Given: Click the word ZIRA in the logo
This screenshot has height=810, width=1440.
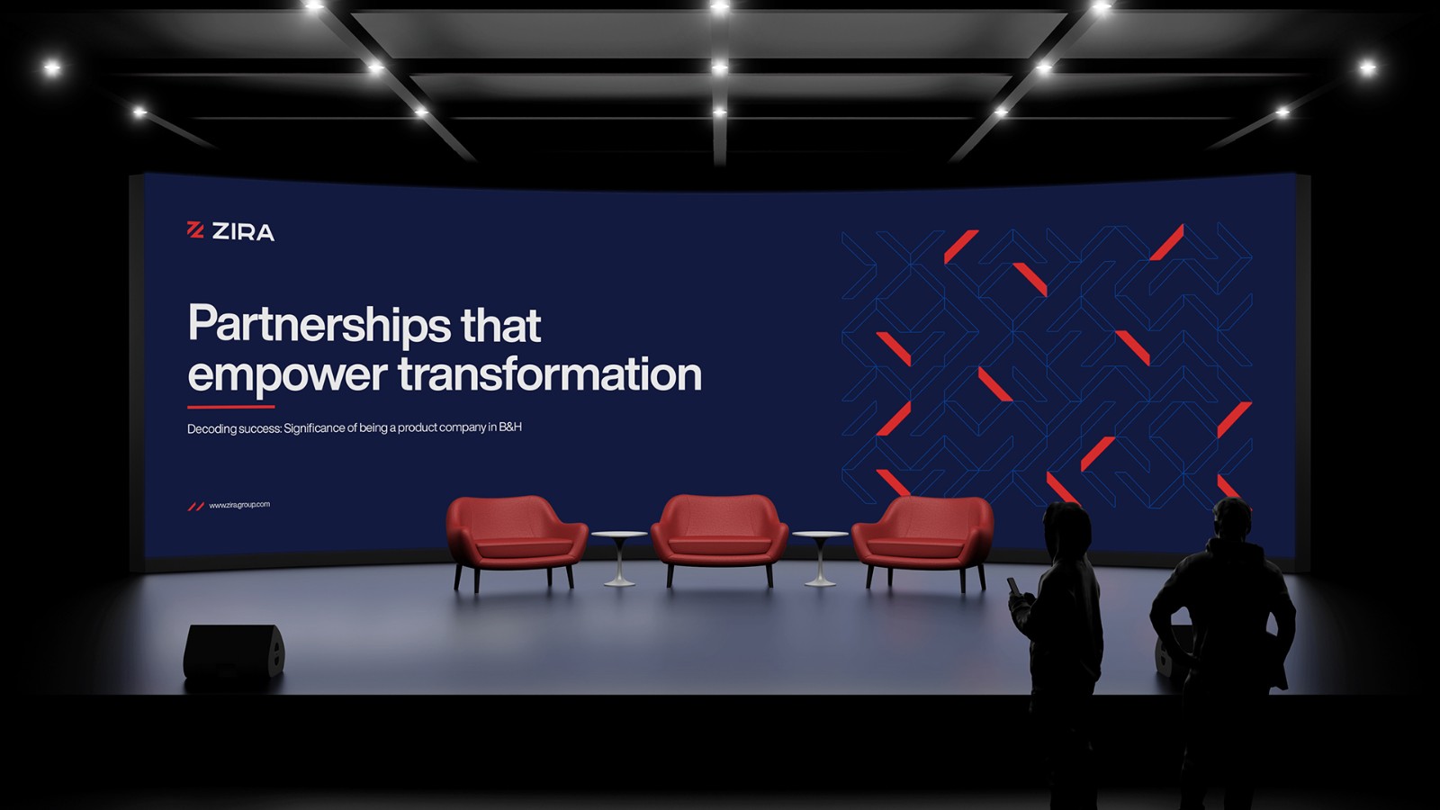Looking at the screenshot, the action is tap(243, 231).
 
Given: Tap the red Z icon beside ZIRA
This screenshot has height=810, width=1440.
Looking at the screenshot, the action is tap(194, 229).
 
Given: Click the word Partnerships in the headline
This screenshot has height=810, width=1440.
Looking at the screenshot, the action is tap(319, 325).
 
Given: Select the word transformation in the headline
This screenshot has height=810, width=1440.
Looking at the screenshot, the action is tap(550, 374).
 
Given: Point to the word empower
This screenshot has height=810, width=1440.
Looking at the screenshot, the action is tap(287, 377).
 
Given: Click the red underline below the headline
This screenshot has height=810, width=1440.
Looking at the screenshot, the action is tap(230, 407).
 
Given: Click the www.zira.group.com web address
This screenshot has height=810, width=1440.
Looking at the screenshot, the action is tap(239, 505).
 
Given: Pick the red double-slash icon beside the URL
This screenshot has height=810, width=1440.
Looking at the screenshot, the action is tap(195, 507).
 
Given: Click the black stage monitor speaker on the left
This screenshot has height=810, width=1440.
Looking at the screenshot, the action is tap(233, 652).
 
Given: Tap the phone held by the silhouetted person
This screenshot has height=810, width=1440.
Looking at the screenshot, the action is tap(1013, 586).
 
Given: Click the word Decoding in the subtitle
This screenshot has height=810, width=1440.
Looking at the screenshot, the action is tap(211, 428).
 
